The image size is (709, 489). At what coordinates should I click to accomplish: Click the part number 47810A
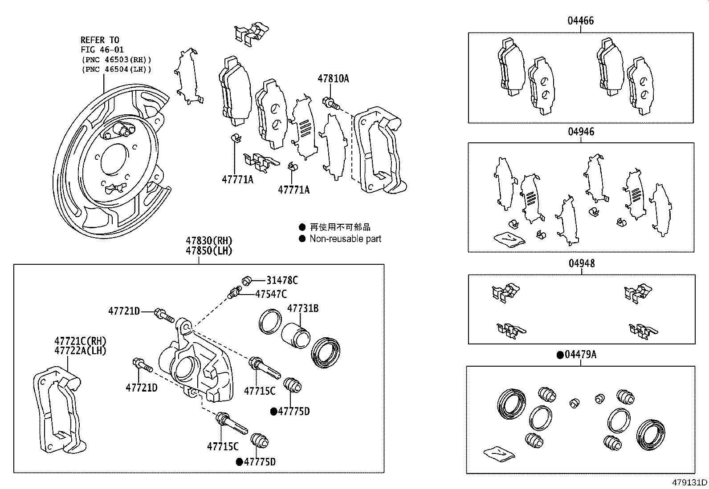333,79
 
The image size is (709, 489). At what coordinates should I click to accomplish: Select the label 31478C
282,280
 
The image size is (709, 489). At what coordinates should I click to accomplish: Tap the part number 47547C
271,294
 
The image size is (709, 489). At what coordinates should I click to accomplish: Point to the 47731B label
302,308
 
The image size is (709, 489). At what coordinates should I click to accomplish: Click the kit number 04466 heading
580,21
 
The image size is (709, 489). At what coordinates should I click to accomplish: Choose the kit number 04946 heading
581,132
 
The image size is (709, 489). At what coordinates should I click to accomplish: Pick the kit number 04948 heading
581,263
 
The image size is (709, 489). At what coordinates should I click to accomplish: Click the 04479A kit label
580,355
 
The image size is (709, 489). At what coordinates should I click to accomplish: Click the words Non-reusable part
345,239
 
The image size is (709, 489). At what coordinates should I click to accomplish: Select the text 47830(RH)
209,241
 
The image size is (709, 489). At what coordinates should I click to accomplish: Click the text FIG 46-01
102,49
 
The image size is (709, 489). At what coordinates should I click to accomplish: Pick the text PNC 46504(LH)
116,69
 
